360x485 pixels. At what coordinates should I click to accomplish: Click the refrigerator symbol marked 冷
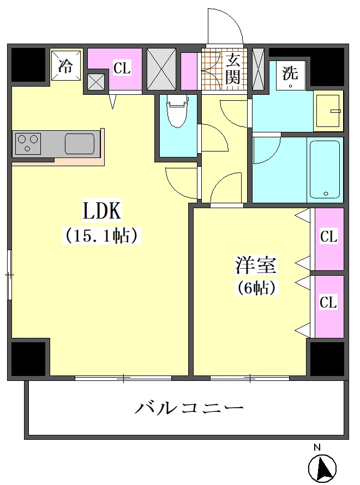pos(66,65)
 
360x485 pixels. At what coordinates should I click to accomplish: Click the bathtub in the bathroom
pos(325,169)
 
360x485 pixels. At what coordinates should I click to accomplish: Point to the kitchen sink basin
pos(80,143)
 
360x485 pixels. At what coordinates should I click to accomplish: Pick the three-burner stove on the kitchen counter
pos(28,143)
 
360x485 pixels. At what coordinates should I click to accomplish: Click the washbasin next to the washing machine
pos(328,111)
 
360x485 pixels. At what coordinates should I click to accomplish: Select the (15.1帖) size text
pos(102,236)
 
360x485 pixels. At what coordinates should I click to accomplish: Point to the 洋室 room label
pos(256,265)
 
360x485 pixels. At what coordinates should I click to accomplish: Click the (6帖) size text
pos(256,288)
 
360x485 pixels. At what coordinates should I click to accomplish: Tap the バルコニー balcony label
pos(189,408)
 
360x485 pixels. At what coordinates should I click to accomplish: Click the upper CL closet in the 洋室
pos(329,239)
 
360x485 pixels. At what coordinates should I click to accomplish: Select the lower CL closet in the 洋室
pos(329,306)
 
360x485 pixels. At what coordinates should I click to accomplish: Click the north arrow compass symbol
pos(322,468)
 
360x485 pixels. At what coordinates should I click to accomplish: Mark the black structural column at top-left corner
pos(28,65)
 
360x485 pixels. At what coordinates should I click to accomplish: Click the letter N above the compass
pos(317,447)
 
